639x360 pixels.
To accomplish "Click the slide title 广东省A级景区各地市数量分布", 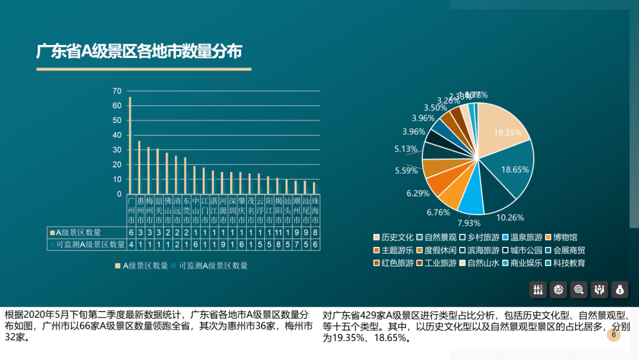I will click(139, 52).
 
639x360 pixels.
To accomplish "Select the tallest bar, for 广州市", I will click(130, 145).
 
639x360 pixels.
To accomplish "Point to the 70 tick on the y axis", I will click(117, 91).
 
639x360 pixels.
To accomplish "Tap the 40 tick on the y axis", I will click(117, 135).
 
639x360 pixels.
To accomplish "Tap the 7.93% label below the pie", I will click(469, 223).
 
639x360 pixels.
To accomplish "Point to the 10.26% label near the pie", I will click(510, 217).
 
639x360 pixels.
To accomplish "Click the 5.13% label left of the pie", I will click(406, 149).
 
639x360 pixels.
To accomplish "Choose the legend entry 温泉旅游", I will click(522, 237).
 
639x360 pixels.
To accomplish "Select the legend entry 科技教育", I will click(566, 263).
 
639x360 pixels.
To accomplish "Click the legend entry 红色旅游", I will click(393, 263).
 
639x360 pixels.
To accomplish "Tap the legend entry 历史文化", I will click(393, 237).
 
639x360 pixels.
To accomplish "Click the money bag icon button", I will click(619, 289).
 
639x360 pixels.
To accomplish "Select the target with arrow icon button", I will click(579, 289).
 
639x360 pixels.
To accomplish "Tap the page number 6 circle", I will click(614, 335).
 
